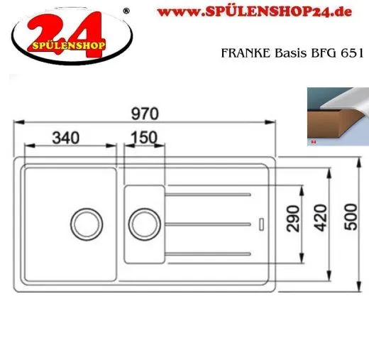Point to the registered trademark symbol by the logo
(x=126, y=11)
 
